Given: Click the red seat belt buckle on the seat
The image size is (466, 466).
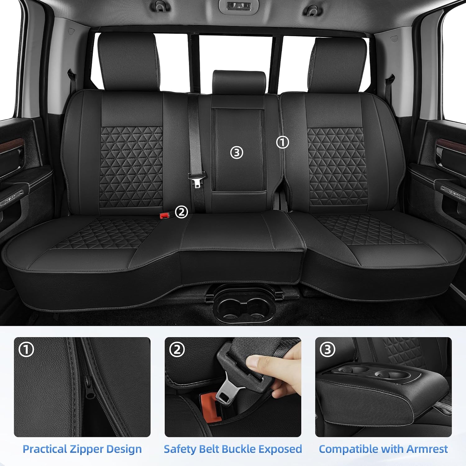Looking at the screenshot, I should pos(164,216).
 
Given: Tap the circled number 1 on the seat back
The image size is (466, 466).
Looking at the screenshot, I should pos(282,142).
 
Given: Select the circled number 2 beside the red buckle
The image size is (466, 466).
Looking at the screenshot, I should pos(181,212).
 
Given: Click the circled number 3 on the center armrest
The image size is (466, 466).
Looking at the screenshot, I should pos(237,153).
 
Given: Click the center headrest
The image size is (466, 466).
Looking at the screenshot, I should pos(239,82).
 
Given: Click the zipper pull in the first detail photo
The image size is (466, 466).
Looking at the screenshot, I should pos(90,390).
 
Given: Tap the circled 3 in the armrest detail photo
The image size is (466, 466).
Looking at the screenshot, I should pos(327,350).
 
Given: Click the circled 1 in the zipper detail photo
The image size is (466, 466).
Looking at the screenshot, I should pos(26,350).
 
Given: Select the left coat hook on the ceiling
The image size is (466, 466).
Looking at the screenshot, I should pos(160,7).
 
